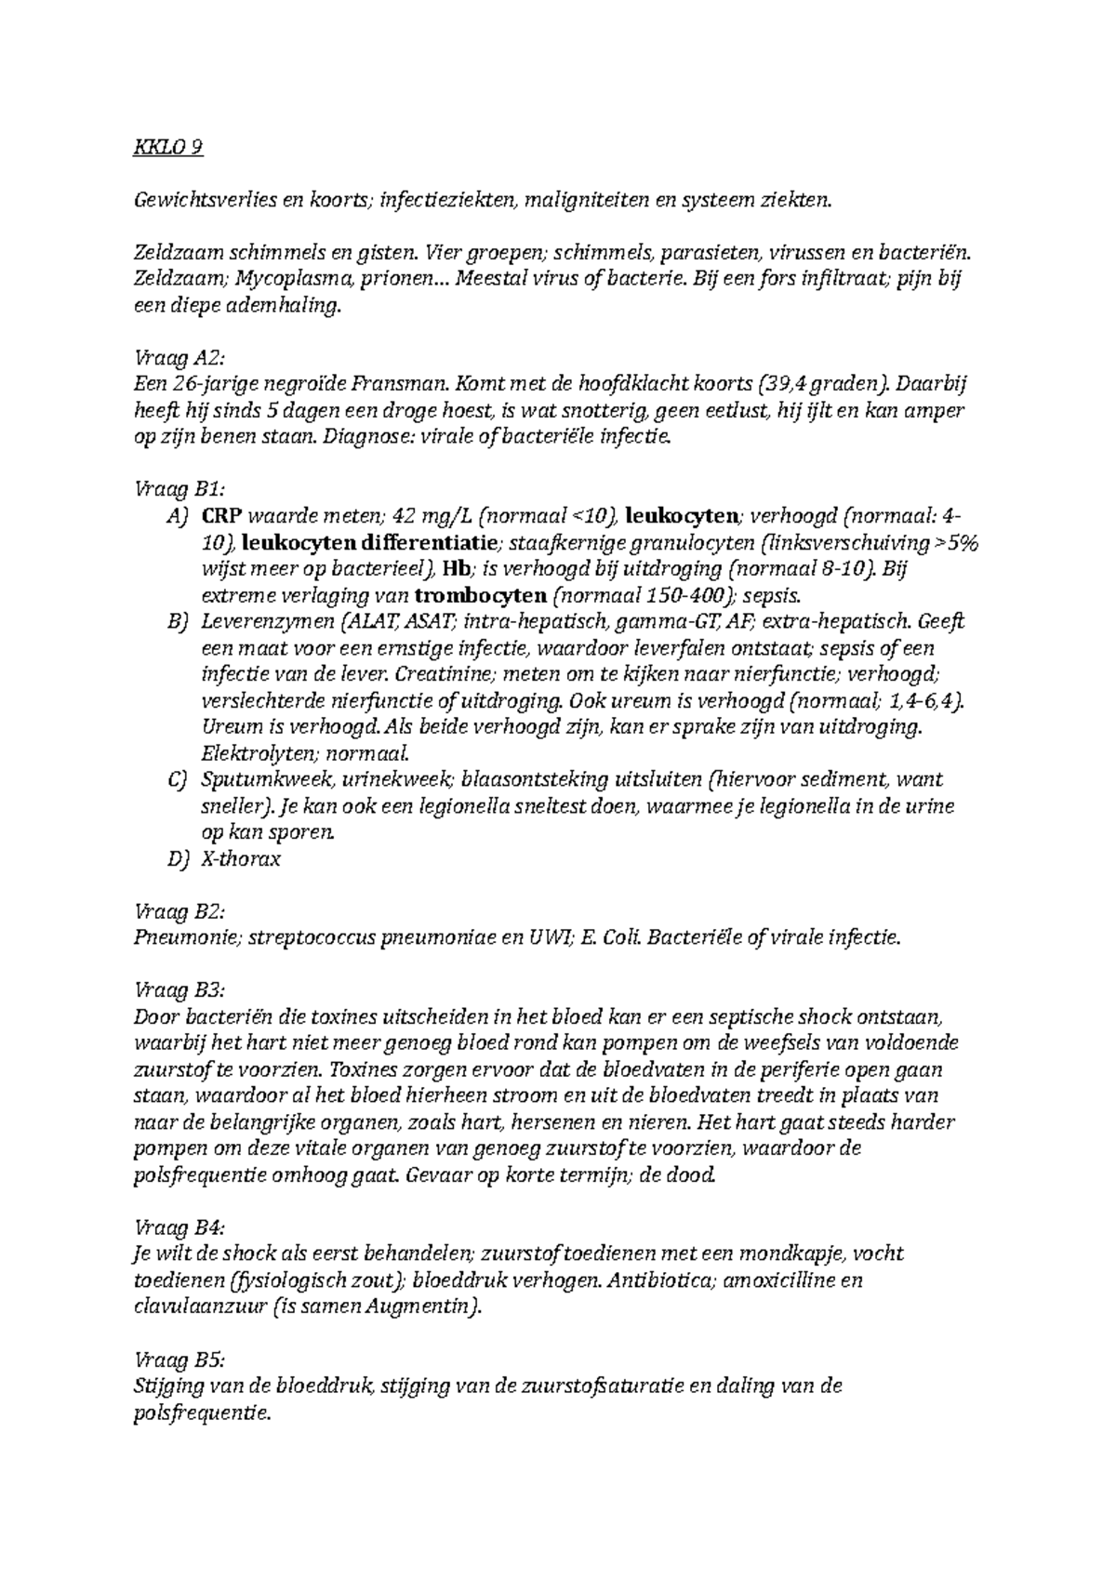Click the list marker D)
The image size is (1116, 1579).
tap(178, 858)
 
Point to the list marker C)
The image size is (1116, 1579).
tap(178, 779)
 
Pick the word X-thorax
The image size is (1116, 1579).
tap(240, 858)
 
